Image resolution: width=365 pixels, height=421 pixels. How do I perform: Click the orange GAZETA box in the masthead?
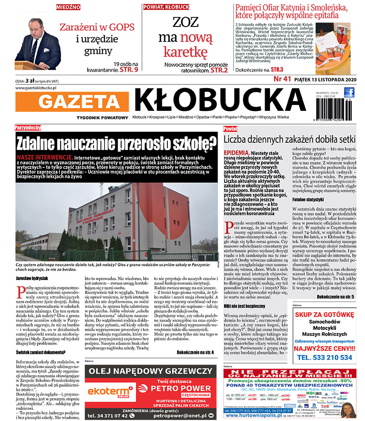point(82,101)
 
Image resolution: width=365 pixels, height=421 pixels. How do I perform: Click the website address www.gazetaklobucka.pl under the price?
point(35,88)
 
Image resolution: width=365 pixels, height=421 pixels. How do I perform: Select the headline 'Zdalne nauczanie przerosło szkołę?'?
point(116,143)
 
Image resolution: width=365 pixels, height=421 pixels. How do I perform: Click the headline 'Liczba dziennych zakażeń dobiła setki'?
point(288,138)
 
